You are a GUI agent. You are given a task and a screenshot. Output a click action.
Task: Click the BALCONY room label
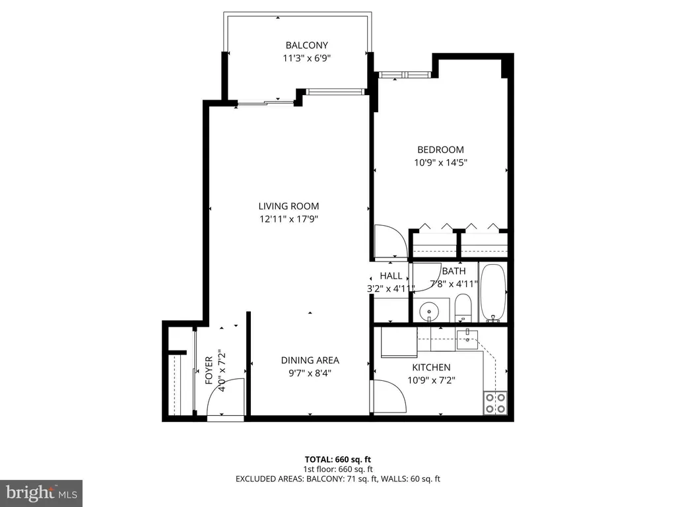point(306,46)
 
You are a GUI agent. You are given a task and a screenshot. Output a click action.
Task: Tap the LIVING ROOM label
point(288,206)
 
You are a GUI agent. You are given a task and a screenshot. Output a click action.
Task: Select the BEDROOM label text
point(440,150)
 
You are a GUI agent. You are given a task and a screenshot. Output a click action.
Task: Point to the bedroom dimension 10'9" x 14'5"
point(440,162)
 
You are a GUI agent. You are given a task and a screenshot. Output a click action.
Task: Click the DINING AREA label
point(310,360)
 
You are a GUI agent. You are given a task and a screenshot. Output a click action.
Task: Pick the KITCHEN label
point(431,367)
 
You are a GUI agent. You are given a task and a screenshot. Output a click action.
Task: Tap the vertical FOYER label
point(209,370)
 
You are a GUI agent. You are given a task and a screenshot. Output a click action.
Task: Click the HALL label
point(391,276)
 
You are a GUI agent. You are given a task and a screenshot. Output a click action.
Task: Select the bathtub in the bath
point(492,292)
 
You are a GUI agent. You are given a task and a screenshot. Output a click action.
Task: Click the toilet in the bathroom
point(463,308)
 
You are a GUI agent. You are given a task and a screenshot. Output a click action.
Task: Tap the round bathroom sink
point(429,310)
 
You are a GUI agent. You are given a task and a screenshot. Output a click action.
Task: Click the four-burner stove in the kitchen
point(495,403)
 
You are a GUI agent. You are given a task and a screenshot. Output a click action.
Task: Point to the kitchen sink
point(467,339)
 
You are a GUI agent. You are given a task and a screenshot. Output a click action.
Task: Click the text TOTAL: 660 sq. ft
point(337,459)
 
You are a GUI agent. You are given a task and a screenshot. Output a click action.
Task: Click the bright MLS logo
point(41,492)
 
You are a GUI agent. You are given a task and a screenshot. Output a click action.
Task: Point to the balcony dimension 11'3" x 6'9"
point(306,58)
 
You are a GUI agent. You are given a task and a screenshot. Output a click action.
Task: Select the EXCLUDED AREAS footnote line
point(337,479)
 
